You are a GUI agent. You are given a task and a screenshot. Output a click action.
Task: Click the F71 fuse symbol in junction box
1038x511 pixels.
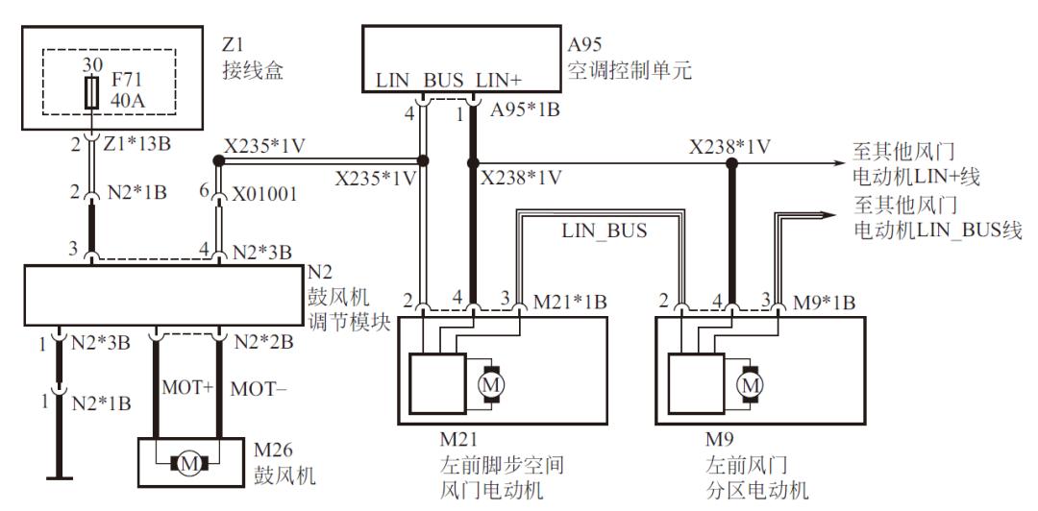pyautogui.click(x=90, y=92)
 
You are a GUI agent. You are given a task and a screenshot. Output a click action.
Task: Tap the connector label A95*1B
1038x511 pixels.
pyautogui.click(x=524, y=109)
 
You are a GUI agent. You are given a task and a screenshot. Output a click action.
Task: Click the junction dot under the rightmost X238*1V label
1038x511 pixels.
pyautogui.click(x=731, y=162)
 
